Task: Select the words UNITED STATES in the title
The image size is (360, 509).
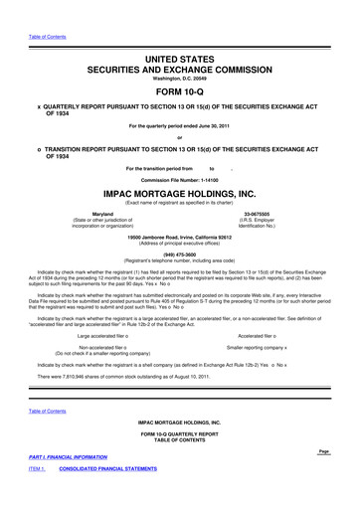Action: pyautogui.click(x=179, y=34)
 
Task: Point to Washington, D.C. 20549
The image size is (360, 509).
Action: pyautogui.click(x=179, y=62)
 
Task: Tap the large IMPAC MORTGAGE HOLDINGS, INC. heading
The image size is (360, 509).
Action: pyautogui.click(x=179, y=195)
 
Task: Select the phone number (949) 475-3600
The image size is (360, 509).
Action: pyautogui.click(x=179, y=252)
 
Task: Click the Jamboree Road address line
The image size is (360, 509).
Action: pyautogui.click(x=179, y=237)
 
